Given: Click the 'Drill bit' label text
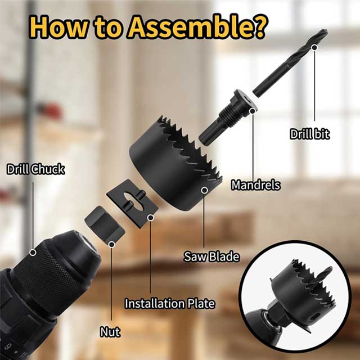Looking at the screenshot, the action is click(309, 134).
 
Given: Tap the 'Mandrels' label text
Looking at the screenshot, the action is click(256, 185).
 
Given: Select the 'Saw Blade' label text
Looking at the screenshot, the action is click(211, 256).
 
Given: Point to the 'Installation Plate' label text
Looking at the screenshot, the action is click(170, 303).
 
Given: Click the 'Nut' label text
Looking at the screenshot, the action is click(110, 332).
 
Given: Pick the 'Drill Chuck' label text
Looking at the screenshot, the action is click(35, 169).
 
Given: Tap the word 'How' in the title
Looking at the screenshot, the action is click(58, 26).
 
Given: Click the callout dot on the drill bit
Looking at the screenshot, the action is click(314, 47).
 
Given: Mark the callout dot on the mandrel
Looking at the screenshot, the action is click(253, 111).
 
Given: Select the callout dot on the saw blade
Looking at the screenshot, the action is click(204, 190).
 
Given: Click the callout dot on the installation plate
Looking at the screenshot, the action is click(151, 218).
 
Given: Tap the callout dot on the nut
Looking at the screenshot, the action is click(111, 245).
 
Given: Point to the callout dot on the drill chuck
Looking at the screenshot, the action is click(33, 253).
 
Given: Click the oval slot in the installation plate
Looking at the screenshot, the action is click(133, 201).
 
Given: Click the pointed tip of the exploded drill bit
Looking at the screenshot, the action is click(326, 31).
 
